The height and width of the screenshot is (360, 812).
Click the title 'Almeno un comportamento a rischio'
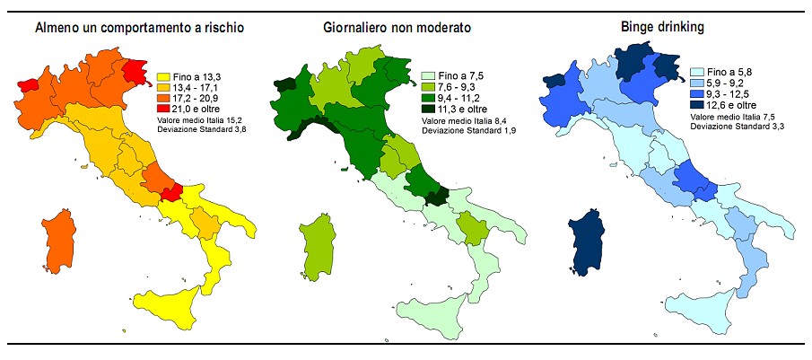click(x=140, y=28)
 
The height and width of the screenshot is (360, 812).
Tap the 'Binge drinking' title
click(x=662, y=28)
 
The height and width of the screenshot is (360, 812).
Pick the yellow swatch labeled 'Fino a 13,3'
click(x=164, y=77)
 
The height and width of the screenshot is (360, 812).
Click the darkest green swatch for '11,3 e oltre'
click(x=428, y=109)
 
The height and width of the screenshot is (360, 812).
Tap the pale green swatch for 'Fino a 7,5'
click(x=428, y=76)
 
